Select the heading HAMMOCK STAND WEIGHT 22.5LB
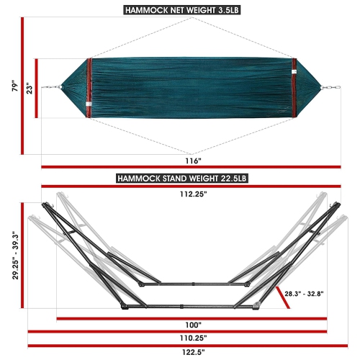[x=179, y=178]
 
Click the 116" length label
[x=192, y=161]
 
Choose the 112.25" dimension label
[x=187, y=194]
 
